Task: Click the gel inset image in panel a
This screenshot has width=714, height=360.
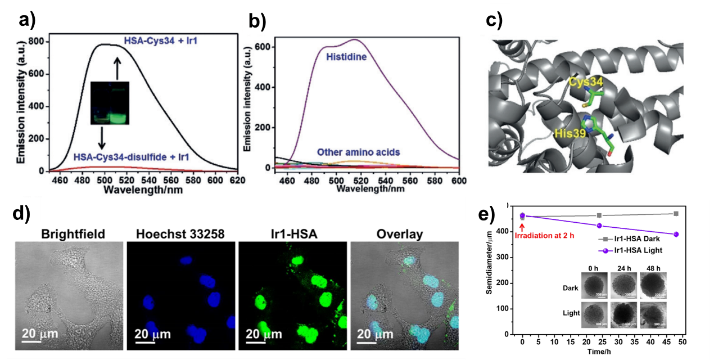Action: (110, 103)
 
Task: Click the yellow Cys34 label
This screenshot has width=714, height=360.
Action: (586, 82)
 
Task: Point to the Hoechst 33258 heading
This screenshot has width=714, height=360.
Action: (180, 234)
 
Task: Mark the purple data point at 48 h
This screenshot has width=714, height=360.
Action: (676, 234)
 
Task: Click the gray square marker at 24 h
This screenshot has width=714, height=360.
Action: (599, 215)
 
